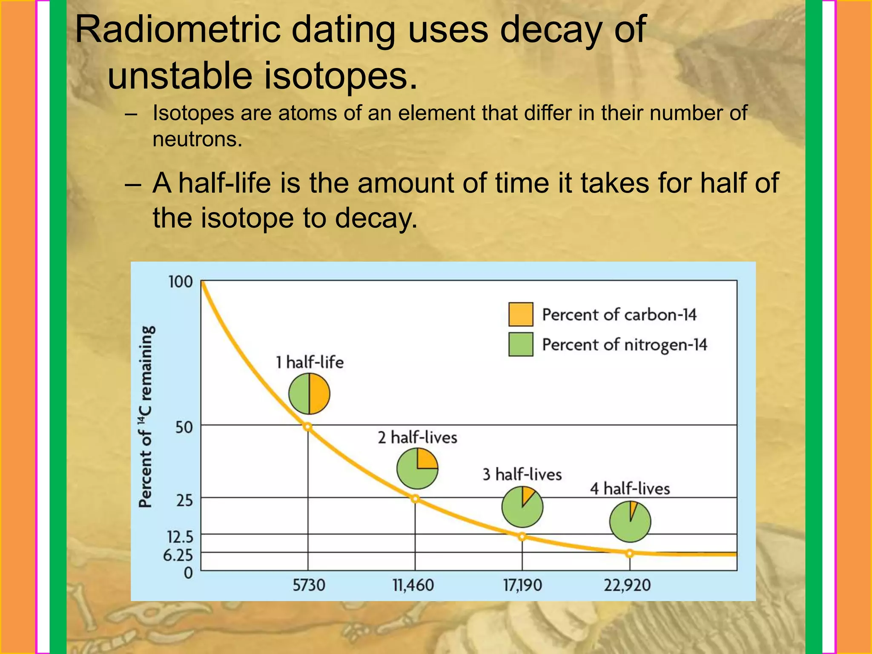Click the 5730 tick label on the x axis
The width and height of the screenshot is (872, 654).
pos(309,585)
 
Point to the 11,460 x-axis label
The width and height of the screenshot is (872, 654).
pos(413,585)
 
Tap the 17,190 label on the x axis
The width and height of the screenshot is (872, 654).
pos(522,585)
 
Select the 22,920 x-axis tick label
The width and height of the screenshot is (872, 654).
pos(627,585)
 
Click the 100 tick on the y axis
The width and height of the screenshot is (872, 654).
pos(181,282)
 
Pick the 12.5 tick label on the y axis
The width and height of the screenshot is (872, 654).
pos(180,537)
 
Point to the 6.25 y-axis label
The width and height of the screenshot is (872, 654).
pos(178,555)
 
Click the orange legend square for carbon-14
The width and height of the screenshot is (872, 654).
pos(521,314)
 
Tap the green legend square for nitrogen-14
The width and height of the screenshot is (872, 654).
pos(521,344)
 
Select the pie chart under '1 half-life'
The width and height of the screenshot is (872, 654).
pos(309,394)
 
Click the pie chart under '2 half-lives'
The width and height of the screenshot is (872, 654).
pos(417,468)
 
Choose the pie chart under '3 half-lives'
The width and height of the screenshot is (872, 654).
pos(522,507)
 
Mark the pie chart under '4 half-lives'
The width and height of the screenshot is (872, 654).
pos(630,522)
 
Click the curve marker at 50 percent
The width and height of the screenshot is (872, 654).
pos(307,427)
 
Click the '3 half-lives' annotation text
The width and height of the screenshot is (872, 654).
pos(522,474)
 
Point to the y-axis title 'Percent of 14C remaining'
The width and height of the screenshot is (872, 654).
pos(146,417)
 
